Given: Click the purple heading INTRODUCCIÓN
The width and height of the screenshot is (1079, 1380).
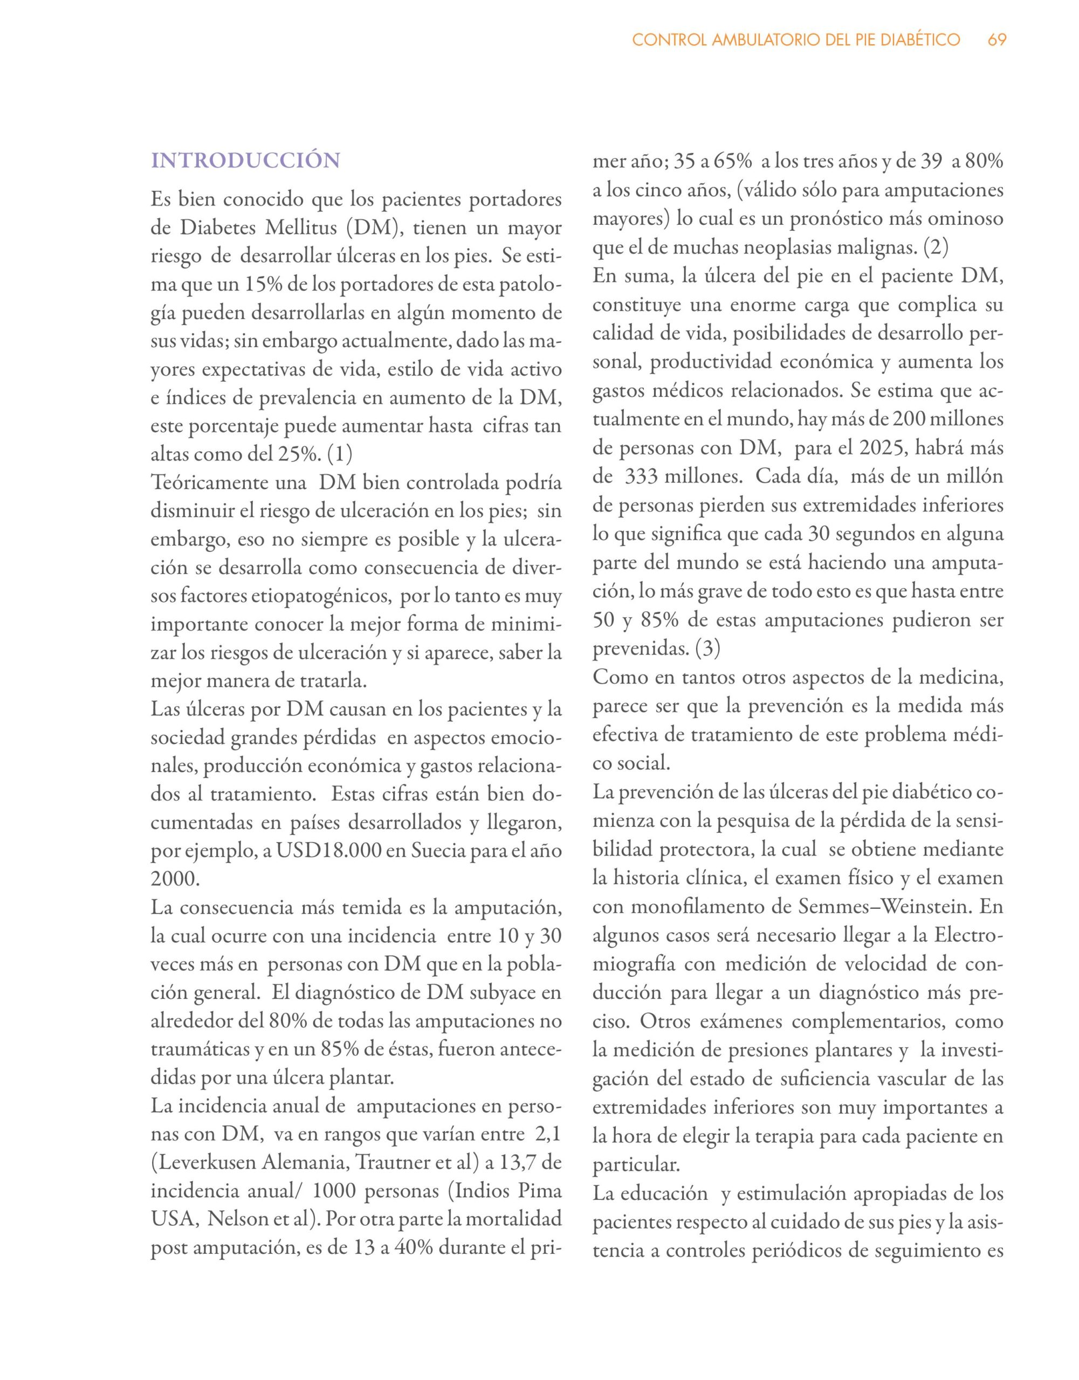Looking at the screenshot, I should coord(245,161).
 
